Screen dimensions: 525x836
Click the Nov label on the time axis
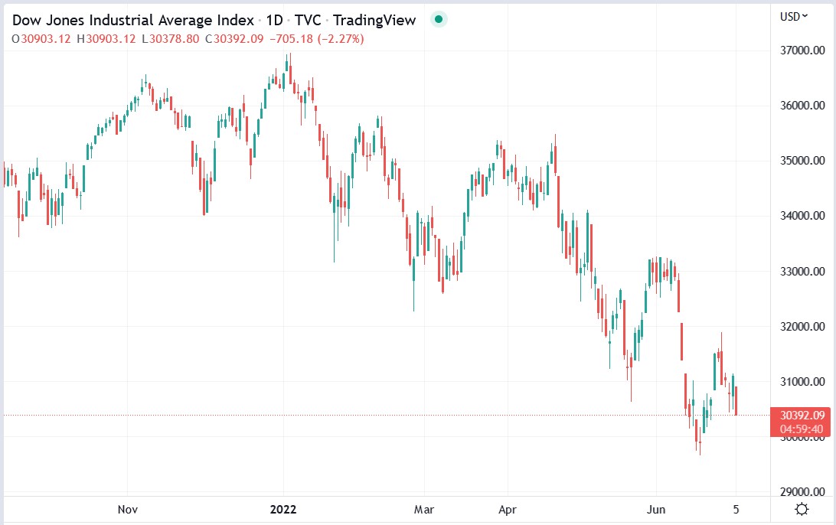tap(128, 508)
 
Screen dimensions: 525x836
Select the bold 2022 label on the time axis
tap(282, 508)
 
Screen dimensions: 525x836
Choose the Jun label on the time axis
tap(656, 508)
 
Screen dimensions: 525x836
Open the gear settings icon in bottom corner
tap(802, 509)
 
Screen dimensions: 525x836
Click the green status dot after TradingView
tap(438, 20)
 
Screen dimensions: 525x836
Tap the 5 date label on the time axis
tap(736, 508)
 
